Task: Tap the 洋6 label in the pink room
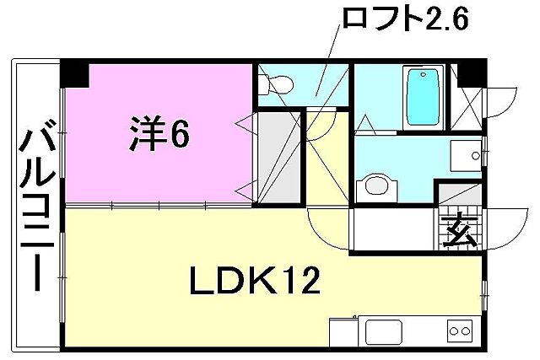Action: coord(158,133)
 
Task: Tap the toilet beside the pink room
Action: coord(274,85)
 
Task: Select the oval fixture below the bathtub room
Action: coord(375,187)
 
